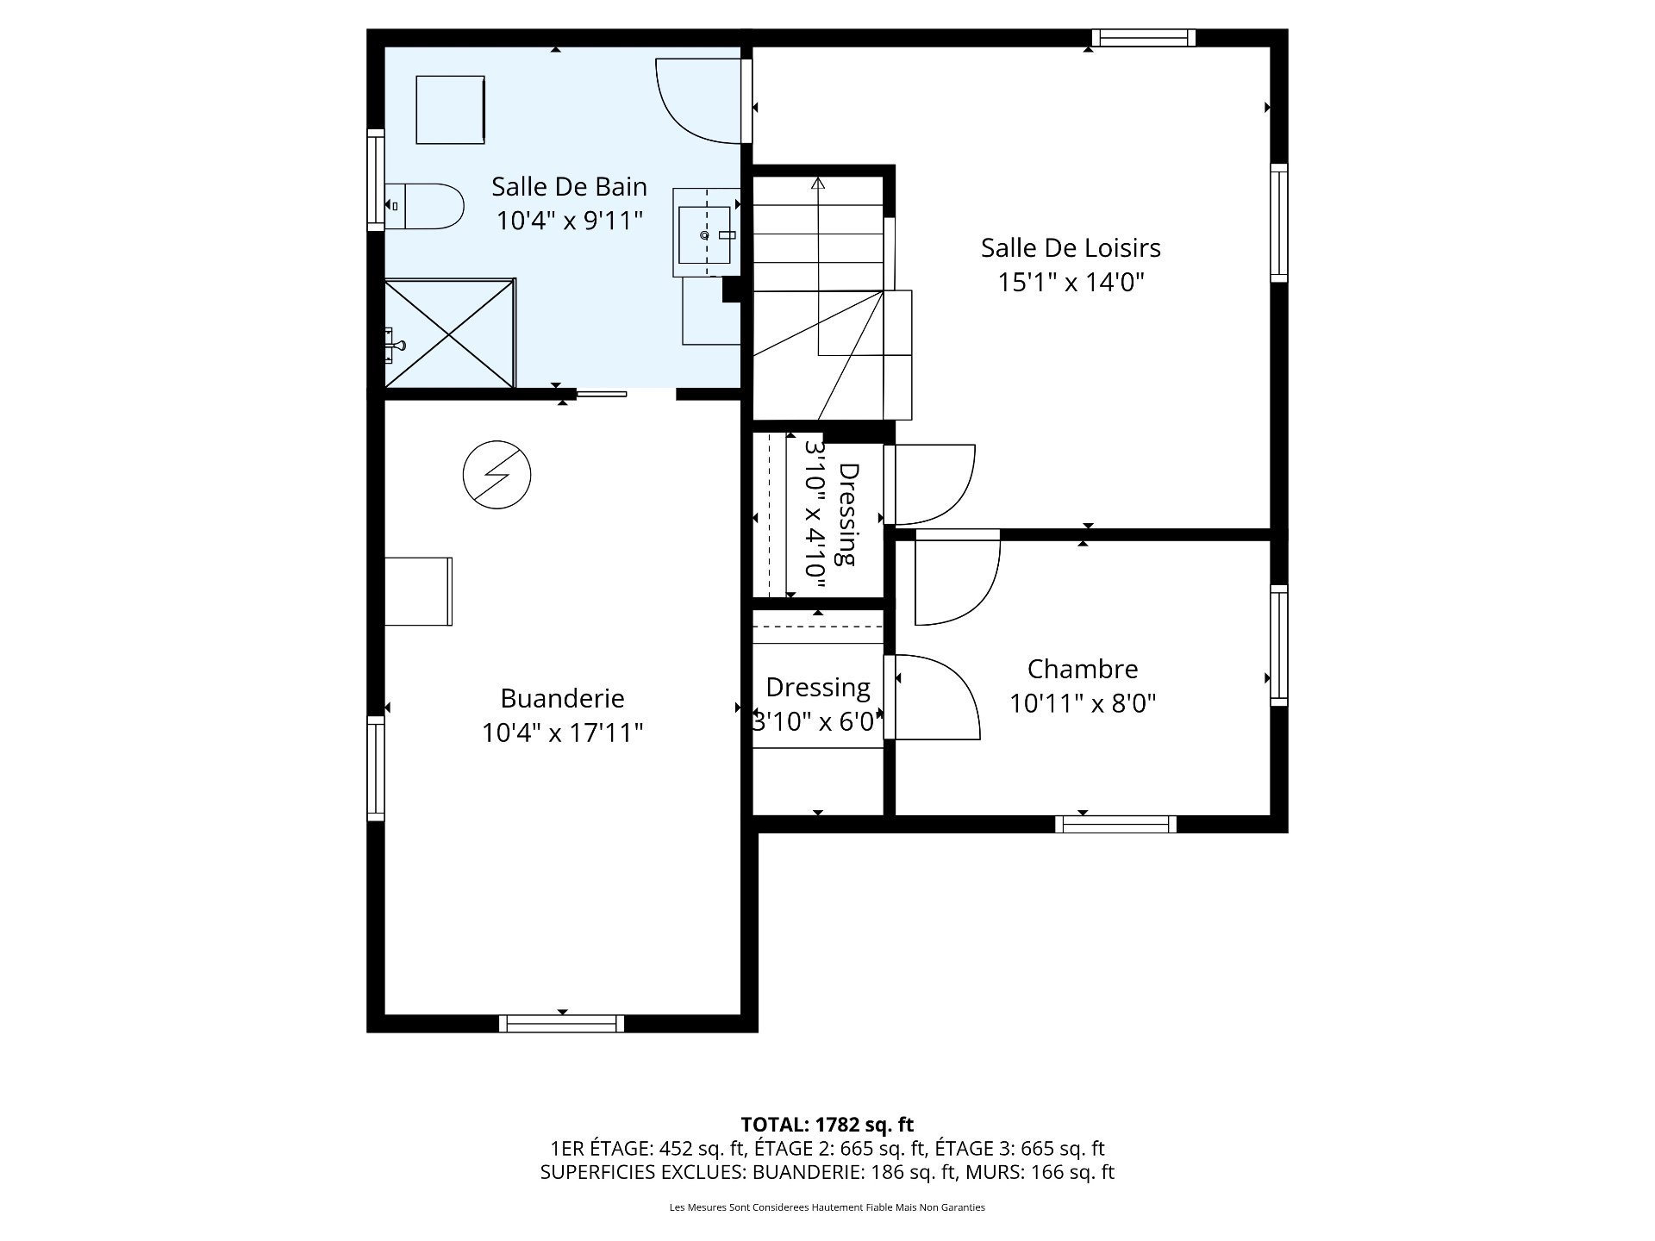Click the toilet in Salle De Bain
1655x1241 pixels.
(x=427, y=206)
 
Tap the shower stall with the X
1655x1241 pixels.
(x=449, y=333)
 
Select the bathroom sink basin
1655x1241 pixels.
(x=704, y=234)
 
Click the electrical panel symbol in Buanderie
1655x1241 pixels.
(x=496, y=475)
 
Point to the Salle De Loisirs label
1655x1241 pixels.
(x=1071, y=248)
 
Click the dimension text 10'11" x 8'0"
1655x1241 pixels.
(x=1082, y=704)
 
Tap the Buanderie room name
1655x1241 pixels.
(x=562, y=698)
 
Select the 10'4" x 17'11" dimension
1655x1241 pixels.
(x=562, y=733)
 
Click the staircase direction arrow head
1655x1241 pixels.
(x=817, y=183)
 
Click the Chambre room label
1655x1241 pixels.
(x=1083, y=669)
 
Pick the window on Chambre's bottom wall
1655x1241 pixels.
(x=1115, y=824)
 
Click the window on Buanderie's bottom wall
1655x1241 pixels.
(x=561, y=1023)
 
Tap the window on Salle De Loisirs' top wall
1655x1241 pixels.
(x=1143, y=38)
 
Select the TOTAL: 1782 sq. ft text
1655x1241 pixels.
(x=827, y=1125)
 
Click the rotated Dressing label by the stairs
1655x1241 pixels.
(x=849, y=514)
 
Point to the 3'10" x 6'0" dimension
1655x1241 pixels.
(x=817, y=722)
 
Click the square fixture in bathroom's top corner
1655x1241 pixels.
(x=450, y=109)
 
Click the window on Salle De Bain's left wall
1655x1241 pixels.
(x=376, y=180)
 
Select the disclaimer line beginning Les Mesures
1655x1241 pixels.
(x=827, y=1207)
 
